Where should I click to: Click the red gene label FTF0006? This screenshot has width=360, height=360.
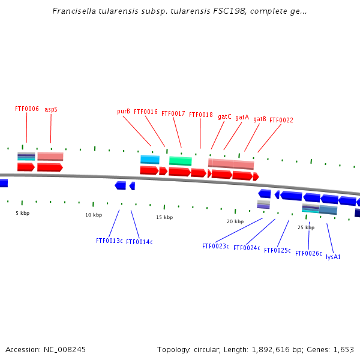click(27, 109)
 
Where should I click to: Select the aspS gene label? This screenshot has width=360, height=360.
click(51, 109)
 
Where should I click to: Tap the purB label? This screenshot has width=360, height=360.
click(124, 112)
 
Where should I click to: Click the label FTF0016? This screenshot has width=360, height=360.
click(146, 112)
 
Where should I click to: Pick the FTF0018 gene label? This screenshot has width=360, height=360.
click(201, 115)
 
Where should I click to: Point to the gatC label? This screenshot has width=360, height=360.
click(224, 117)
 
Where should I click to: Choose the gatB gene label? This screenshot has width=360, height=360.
click(260, 119)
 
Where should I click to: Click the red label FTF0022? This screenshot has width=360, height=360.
click(281, 121)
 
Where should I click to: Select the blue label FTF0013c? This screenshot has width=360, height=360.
click(109, 241)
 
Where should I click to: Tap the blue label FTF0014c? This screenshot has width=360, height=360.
click(139, 242)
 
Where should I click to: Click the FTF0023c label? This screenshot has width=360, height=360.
click(215, 247)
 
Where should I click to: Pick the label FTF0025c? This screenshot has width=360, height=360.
click(277, 251)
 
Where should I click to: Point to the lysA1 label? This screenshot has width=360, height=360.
click(333, 257)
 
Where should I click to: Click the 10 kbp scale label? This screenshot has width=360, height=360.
click(94, 215)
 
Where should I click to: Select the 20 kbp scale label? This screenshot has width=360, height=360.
click(235, 222)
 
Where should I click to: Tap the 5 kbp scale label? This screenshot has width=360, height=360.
click(22, 213)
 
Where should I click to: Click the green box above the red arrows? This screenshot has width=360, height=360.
click(180, 161)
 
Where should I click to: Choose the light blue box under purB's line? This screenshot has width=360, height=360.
click(150, 160)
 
